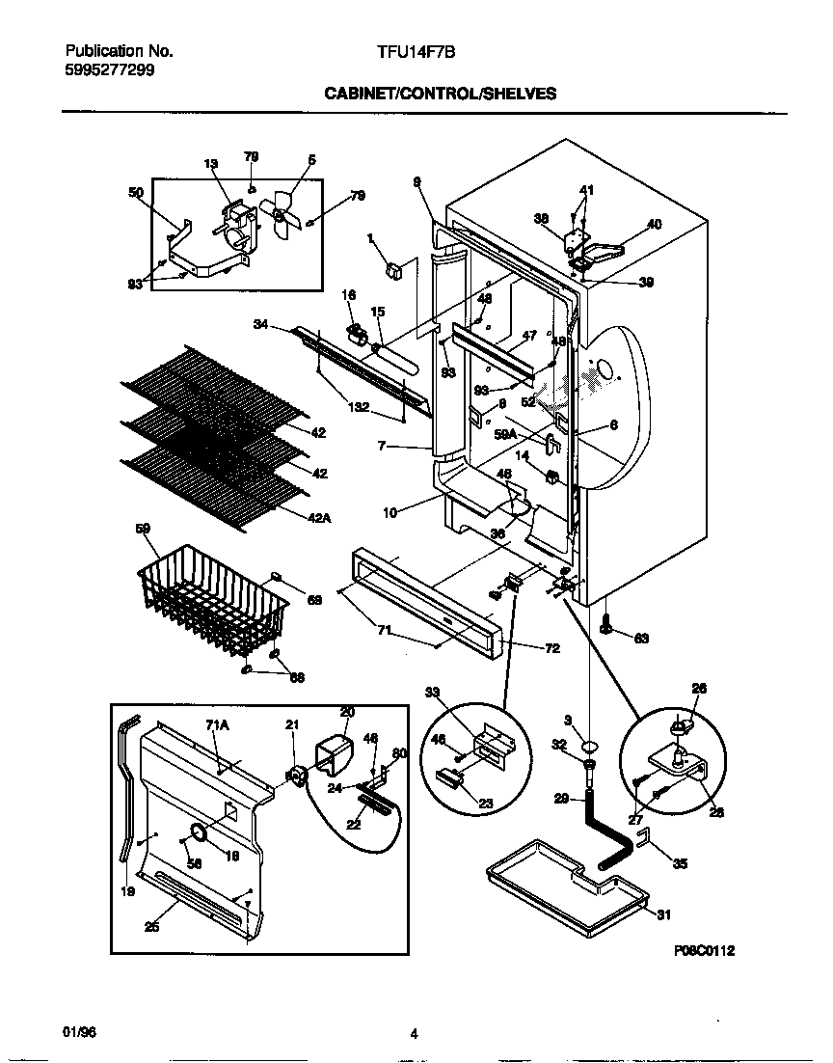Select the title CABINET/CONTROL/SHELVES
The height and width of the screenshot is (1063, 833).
click(x=440, y=94)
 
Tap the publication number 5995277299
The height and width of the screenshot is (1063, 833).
click(x=109, y=69)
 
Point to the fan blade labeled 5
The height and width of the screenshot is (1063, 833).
click(x=282, y=211)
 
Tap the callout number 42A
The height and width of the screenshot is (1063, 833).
click(x=320, y=518)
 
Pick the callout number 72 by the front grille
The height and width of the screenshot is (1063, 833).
click(x=551, y=648)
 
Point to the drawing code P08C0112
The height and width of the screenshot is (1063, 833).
click(x=705, y=950)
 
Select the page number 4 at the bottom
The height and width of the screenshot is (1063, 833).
click(x=414, y=1035)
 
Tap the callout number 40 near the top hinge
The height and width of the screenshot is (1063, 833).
click(x=654, y=225)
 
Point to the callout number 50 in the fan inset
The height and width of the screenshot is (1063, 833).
click(x=135, y=193)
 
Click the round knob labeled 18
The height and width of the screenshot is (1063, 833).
click(x=200, y=832)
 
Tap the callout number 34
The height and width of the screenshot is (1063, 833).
click(x=259, y=325)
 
